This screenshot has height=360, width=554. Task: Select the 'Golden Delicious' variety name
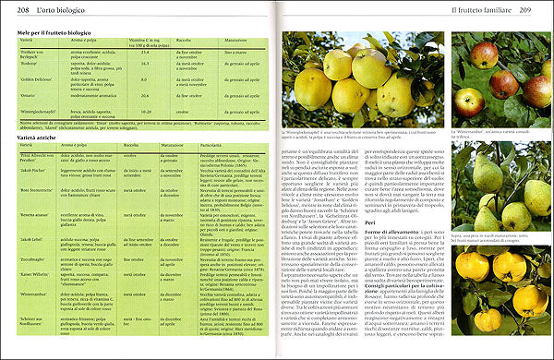point(37,81)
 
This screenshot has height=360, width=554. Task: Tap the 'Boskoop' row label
point(30,64)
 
